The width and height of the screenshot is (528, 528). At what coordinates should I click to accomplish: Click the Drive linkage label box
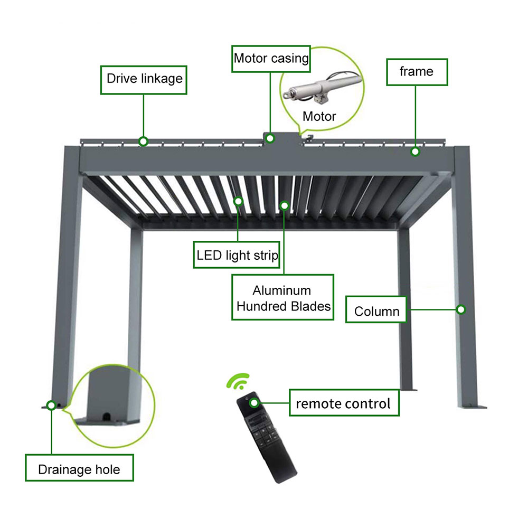tap(144, 80)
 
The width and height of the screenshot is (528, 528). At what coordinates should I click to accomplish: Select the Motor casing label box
tap(271, 59)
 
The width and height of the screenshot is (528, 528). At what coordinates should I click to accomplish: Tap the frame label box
tap(417, 72)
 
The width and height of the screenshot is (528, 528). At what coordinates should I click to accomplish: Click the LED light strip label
tap(237, 255)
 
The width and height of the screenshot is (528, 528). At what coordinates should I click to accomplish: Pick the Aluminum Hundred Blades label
tap(283, 297)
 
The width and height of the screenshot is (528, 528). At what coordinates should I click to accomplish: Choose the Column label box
tap(376, 309)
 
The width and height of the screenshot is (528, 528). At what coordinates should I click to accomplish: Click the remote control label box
tap(344, 403)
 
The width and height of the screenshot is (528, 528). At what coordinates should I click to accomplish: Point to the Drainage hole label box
tap(80, 468)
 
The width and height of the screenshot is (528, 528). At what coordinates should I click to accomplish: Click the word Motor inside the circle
tap(319, 117)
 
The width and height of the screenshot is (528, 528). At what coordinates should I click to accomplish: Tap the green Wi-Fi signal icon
tap(239, 381)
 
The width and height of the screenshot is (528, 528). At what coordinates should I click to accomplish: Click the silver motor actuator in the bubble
tap(322, 87)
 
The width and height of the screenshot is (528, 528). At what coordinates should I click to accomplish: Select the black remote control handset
tap(266, 437)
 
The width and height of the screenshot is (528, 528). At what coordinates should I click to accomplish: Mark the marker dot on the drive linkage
tap(143, 142)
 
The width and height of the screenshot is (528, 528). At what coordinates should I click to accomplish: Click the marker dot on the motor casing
tap(270, 138)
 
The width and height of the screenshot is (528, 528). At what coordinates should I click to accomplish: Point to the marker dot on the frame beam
tap(415, 152)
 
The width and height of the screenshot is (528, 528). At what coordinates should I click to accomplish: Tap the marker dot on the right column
tap(460, 309)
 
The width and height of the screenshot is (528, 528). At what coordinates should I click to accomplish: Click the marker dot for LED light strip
tap(238, 201)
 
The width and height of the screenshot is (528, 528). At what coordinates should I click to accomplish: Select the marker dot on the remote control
tap(254, 403)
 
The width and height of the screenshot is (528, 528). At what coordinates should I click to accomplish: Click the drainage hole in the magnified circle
tap(107, 417)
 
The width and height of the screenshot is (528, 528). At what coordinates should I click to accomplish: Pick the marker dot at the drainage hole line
tap(51, 405)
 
